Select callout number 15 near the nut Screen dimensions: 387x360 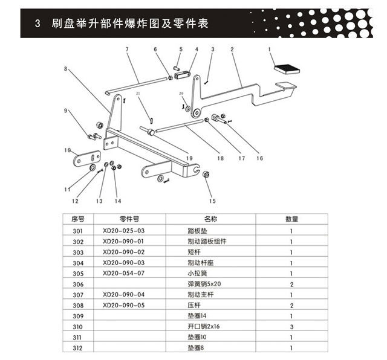click(211, 201)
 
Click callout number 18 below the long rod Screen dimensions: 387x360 click(220, 158)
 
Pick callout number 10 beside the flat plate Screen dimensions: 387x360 click(68, 150)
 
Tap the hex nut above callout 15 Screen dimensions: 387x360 click(206, 175)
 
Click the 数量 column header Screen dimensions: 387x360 click(291, 219)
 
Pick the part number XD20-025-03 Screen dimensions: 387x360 click(124, 231)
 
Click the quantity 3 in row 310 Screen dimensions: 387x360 click(291, 326)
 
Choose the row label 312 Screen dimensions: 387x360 click(77, 347)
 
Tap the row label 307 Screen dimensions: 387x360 click(77, 294)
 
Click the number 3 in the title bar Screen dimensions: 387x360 click(37, 24)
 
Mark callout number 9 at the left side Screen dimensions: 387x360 click(67, 110)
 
